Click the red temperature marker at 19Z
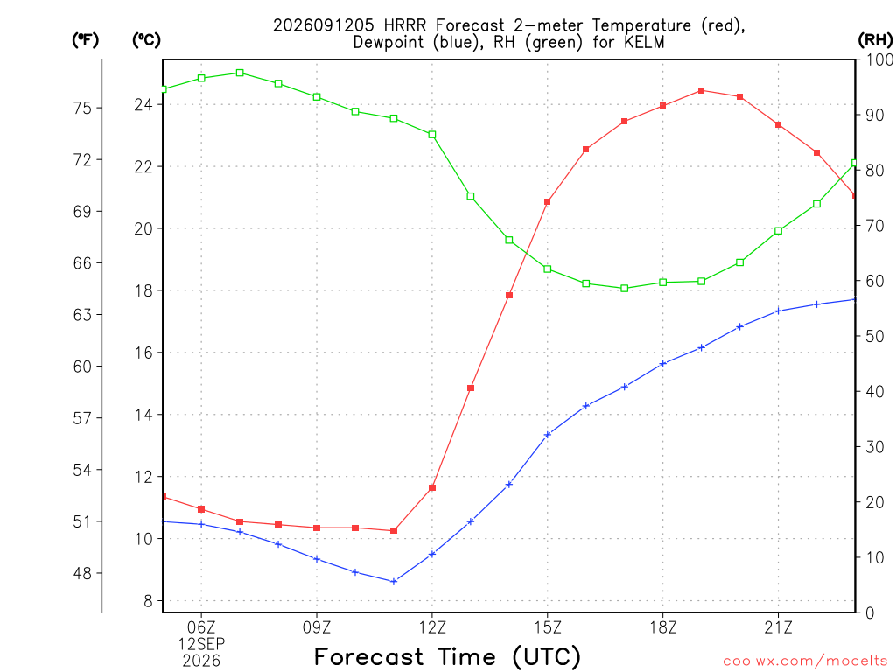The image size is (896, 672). [701, 90]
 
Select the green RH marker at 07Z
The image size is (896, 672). [240, 73]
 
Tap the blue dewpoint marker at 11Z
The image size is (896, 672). [394, 582]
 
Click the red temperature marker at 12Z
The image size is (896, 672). [432, 488]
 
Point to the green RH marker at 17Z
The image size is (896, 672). [625, 289]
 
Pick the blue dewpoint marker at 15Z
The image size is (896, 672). [548, 435]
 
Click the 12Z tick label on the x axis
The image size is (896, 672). [432, 627]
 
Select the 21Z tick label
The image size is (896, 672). [778, 627]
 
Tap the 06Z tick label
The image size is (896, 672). [201, 627]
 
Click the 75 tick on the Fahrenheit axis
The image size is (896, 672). [82, 108]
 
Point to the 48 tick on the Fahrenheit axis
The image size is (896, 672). [82, 573]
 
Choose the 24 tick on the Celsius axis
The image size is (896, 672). [143, 105]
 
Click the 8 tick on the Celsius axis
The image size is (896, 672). [148, 600]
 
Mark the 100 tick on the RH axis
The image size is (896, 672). [880, 59]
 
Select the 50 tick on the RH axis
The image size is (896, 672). [875, 336]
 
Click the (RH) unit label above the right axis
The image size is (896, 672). [875, 40]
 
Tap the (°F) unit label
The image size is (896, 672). [85, 40]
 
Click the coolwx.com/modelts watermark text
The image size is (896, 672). [805, 661]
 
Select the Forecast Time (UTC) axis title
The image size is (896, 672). [447, 656]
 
